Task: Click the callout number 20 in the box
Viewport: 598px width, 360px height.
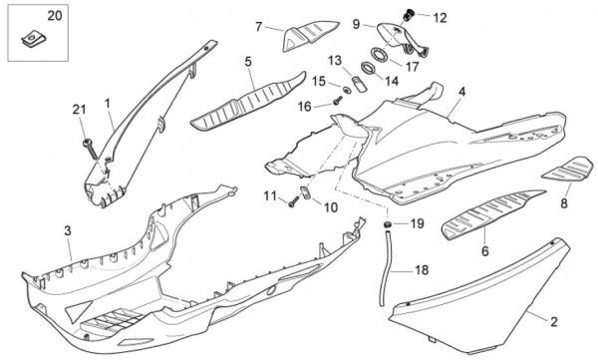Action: [54, 16]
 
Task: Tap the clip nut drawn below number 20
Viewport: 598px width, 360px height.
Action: [34, 39]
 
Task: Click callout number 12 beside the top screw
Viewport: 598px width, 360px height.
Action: [441, 18]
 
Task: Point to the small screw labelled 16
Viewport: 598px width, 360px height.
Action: [338, 101]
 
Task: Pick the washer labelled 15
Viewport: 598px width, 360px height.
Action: [346, 90]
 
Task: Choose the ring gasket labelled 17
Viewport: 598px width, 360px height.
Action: [380, 55]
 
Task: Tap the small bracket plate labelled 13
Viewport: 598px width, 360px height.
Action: [359, 84]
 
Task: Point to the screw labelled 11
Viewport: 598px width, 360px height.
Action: [293, 202]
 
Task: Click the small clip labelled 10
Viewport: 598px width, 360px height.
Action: [306, 192]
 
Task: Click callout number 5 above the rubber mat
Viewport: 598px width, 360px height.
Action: [248, 61]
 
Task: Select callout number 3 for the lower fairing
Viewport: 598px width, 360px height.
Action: [68, 230]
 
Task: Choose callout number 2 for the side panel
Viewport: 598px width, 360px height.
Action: [554, 322]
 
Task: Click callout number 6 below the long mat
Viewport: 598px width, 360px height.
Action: [484, 251]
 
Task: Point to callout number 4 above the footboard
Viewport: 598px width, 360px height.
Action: [461, 92]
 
